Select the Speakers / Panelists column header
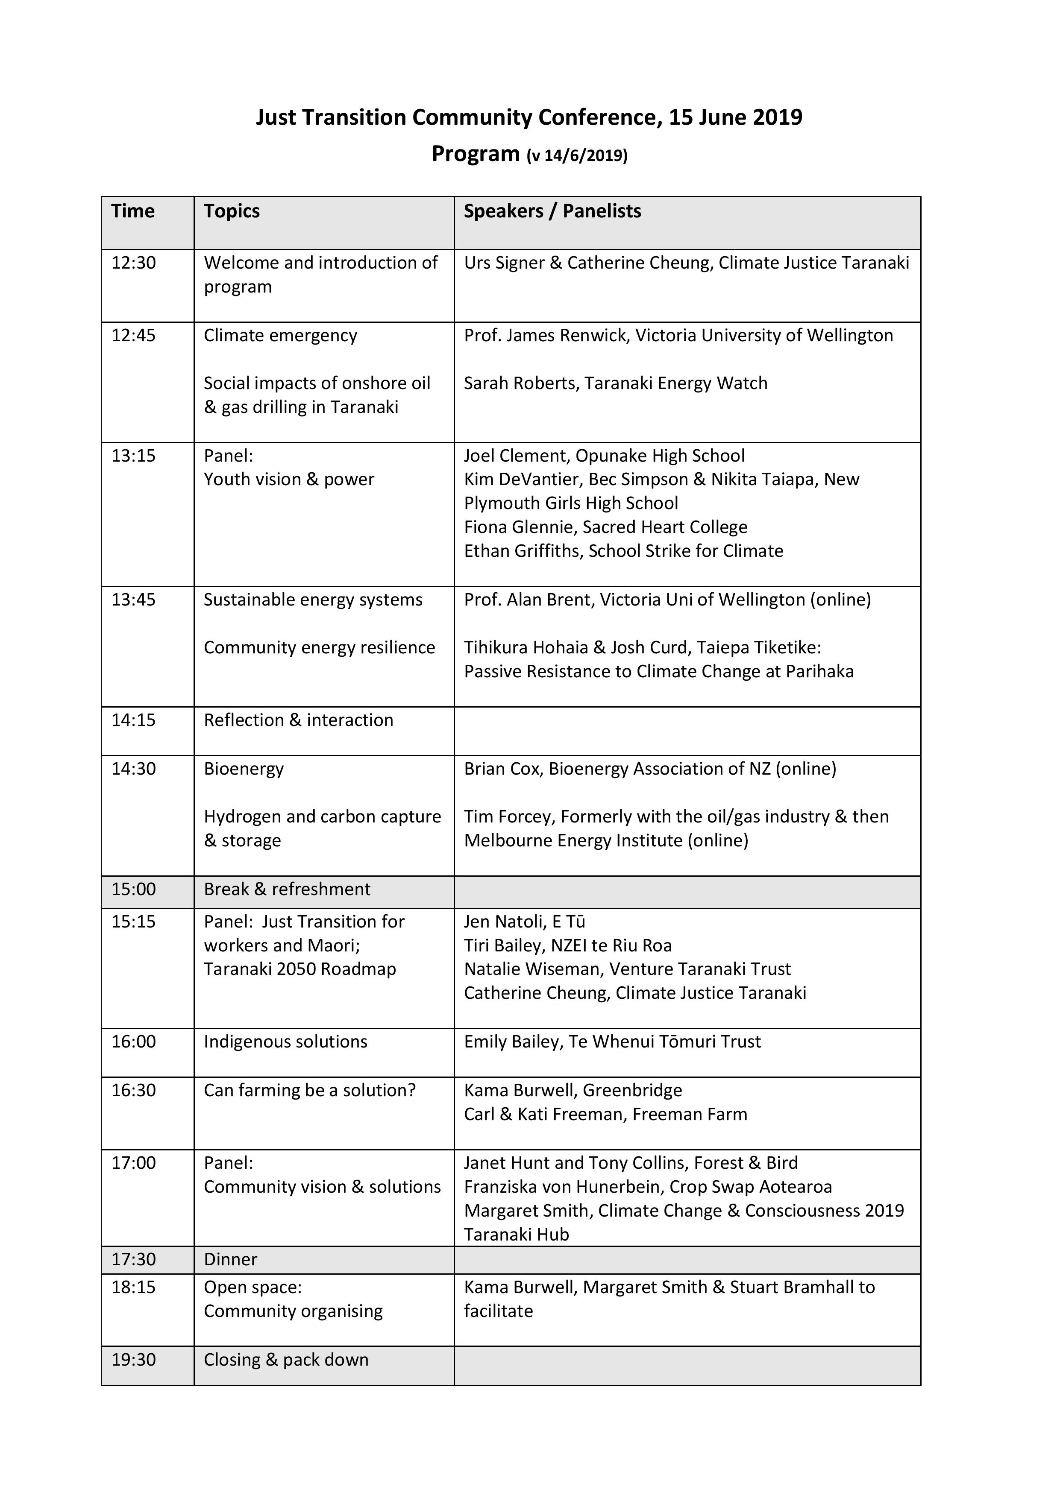coord(552,211)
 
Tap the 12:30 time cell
coord(134,263)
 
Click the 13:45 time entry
coord(134,600)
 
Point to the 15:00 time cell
coord(134,889)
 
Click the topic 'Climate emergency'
coord(281,335)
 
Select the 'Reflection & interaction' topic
coord(298,720)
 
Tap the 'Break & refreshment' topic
coord(287,889)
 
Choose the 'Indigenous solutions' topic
coord(285,1042)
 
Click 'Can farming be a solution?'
coord(309,1090)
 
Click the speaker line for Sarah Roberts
coord(616,383)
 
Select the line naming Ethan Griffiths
coord(623,551)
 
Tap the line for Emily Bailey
coord(612,1042)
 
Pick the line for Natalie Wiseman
coord(627,969)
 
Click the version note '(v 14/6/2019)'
coord(577,156)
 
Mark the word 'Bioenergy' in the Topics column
coord(244,769)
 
